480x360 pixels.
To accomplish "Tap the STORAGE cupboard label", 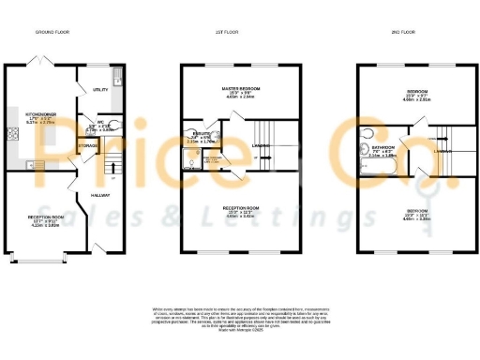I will pyautogui.click(x=87, y=146).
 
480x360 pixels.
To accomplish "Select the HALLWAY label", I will pyautogui.click(x=100, y=195).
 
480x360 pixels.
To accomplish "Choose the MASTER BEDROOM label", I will pyautogui.click(x=241, y=89).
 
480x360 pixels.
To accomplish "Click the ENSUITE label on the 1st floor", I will pyautogui.click(x=199, y=136).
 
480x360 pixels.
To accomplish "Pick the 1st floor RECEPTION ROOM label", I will pyautogui.click(x=241, y=211).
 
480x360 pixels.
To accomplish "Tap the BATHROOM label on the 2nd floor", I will pyautogui.click(x=381, y=147).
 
